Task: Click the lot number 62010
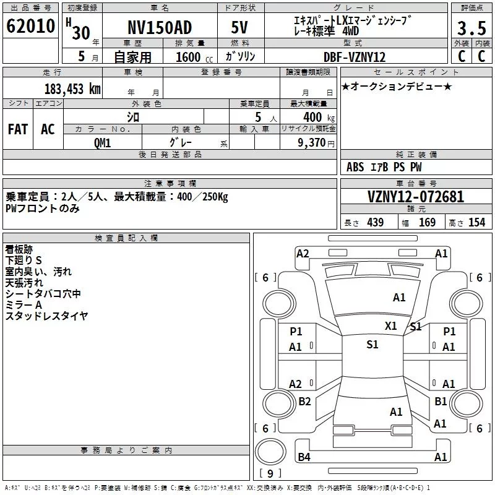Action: [x=30, y=26]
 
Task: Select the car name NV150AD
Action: [x=160, y=27]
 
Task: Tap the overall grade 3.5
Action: [x=471, y=28]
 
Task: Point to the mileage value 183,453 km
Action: [x=72, y=89]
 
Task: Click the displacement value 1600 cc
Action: [x=194, y=57]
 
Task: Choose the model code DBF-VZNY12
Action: [x=355, y=57]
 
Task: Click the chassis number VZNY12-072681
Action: [x=416, y=197]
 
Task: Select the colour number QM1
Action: [x=102, y=143]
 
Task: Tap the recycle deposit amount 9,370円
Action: [x=316, y=143]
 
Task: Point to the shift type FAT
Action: [x=18, y=129]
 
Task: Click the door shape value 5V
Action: [x=239, y=27]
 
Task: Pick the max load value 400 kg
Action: [x=319, y=118]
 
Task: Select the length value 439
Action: [x=376, y=222]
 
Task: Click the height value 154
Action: [x=476, y=222]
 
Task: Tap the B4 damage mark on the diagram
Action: [x=304, y=457]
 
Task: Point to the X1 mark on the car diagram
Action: [x=391, y=326]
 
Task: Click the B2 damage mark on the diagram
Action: [x=304, y=401]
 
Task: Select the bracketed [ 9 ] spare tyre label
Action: [x=270, y=473]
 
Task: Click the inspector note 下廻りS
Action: [x=24, y=260]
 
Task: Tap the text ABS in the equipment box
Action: [x=355, y=167]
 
